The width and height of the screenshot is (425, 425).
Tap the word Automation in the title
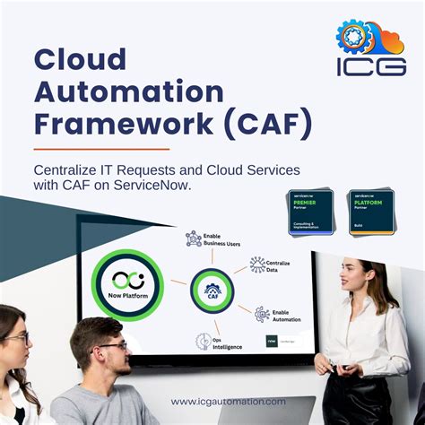pos(128,91)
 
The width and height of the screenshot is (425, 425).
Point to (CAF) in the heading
pos(269,123)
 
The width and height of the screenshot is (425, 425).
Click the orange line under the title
pos(101,149)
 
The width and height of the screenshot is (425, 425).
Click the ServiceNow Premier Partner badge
pos(310,212)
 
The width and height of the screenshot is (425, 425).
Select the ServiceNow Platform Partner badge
pos(371,212)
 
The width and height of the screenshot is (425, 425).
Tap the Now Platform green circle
pos(128,285)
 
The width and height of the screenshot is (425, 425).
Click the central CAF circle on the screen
pos(212,290)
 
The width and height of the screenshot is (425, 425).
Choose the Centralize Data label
pos(276,265)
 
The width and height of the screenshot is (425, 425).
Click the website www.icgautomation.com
pos(229,401)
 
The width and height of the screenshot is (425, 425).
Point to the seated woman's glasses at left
pos(16,338)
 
